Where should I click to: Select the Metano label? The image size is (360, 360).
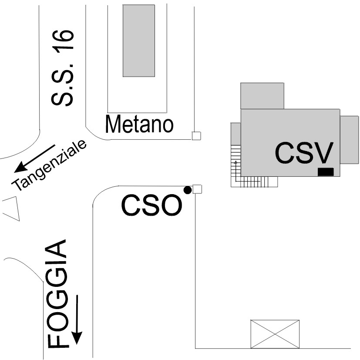139,125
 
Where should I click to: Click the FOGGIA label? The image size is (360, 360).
57,293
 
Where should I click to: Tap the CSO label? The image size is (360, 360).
151,205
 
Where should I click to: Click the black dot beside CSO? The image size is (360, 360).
187,190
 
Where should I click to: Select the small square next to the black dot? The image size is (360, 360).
197,189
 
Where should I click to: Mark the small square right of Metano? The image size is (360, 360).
196,136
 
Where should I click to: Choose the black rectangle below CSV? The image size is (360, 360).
326,172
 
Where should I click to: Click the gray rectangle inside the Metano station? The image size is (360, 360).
139,40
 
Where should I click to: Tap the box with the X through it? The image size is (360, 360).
275,334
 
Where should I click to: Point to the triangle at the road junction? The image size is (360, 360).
12,209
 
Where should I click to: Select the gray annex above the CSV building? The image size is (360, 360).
262,96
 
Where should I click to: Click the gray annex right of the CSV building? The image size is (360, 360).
349,139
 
